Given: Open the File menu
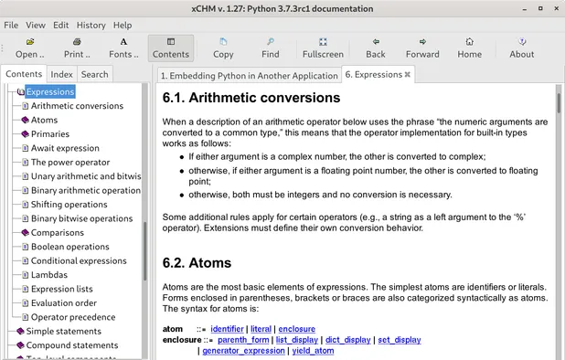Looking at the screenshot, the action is pyautogui.click(x=11, y=25).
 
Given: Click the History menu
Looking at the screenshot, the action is pyautogui.click(x=91, y=25).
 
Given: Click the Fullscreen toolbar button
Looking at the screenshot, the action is pyautogui.click(x=323, y=48).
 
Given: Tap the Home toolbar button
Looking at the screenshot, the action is pyautogui.click(x=469, y=48).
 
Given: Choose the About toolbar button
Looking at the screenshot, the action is pyautogui.click(x=521, y=48).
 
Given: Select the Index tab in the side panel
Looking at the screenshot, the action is pyautogui.click(x=62, y=74).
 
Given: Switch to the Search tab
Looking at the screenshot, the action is pyautogui.click(x=94, y=74).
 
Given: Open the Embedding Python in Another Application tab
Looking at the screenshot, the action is pyautogui.click(x=247, y=75).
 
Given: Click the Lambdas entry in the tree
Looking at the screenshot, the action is pyautogui.click(x=49, y=275).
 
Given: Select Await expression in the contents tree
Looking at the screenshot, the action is pyautogui.click(x=65, y=148).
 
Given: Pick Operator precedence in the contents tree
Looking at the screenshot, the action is pyautogui.click(x=73, y=317).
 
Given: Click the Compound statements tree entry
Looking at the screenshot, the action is pyautogui.click(x=71, y=345).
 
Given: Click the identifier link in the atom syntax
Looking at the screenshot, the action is pyautogui.click(x=227, y=328).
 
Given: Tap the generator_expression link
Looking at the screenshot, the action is pyautogui.click(x=244, y=351).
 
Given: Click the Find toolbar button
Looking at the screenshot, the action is pyautogui.click(x=271, y=48).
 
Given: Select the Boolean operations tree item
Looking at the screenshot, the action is pyautogui.click(x=69, y=247).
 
